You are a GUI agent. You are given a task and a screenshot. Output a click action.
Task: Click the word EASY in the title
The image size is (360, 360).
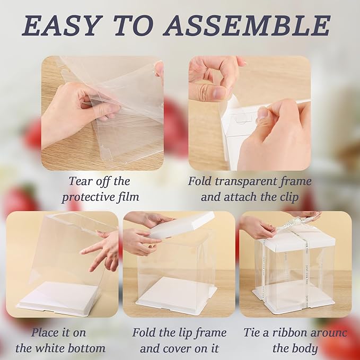[x=60, y=25]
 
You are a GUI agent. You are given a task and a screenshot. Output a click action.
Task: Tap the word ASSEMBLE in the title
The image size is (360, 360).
[x=247, y=25]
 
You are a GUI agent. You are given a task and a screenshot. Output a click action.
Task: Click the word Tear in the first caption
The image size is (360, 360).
[x=81, y=181]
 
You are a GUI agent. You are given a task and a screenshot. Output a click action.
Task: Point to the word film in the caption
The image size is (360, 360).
[x=128, y=197]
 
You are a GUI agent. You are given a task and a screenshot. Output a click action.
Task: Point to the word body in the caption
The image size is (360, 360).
[x=306, y=349]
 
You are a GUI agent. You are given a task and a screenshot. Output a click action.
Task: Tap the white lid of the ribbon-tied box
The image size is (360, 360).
[x=296, y=242]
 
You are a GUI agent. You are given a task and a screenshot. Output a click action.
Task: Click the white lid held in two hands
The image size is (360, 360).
[x=181, y=226]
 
